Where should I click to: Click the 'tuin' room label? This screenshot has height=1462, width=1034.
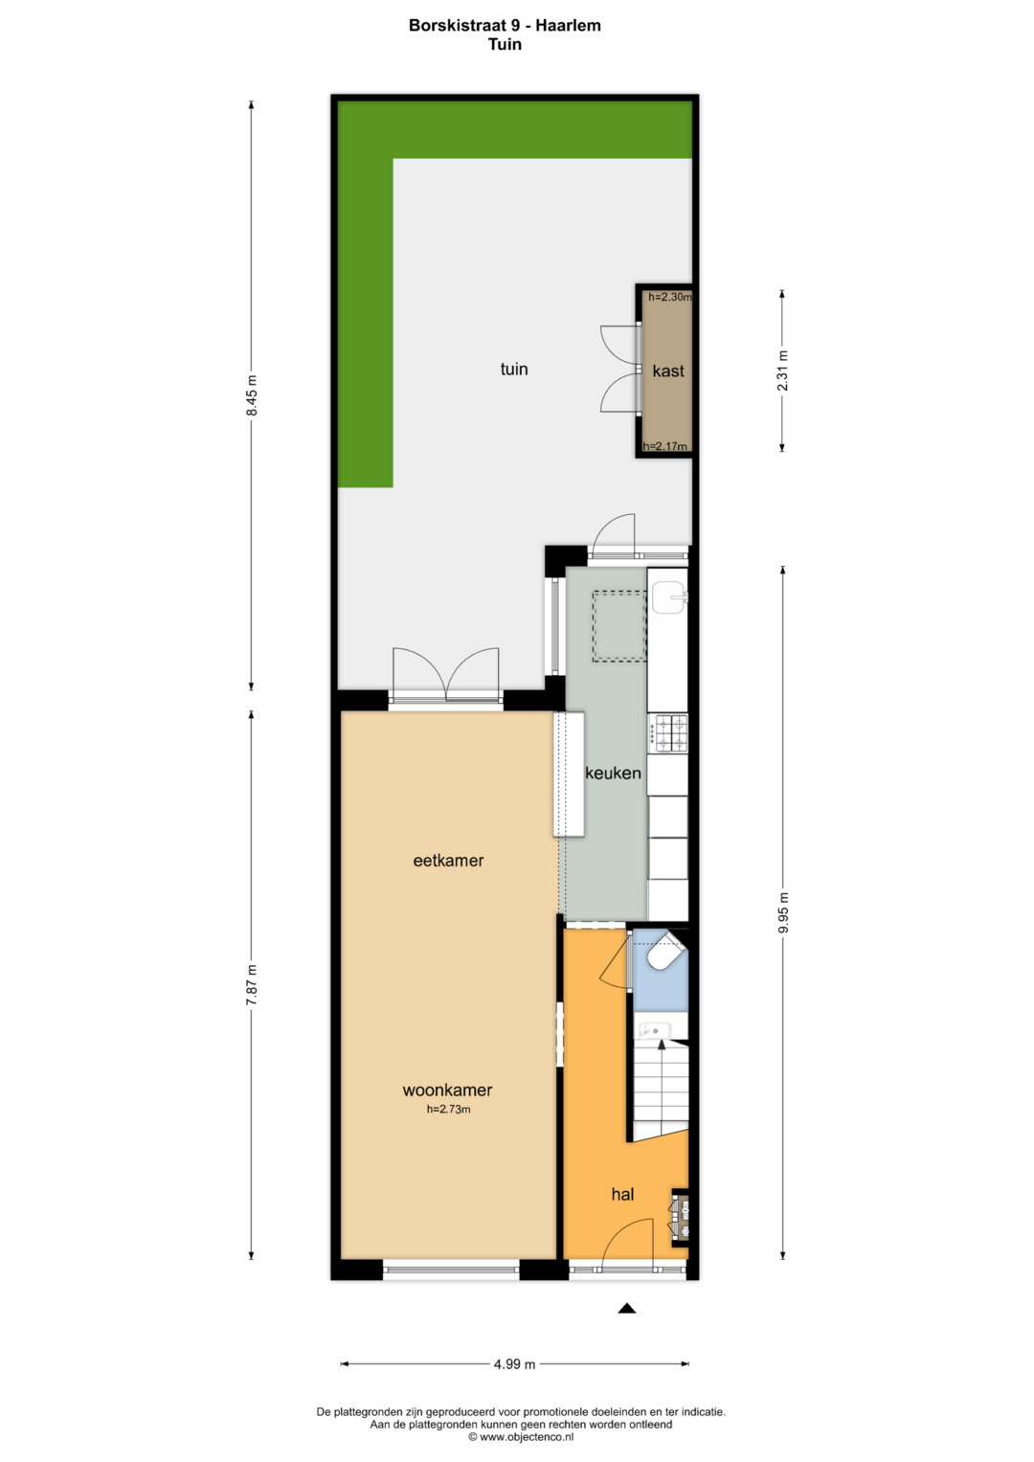click(x=514, y=370)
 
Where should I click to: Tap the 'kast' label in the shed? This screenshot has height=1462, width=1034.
click(x=668, y=371)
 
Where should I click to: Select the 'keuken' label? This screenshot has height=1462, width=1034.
click(x=613, y=774)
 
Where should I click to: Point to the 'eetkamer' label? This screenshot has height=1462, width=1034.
click(x=448, y=860)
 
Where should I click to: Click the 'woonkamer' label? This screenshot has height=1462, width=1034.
click(x=447, y=1090)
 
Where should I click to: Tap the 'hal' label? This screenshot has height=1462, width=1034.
click(x=622, y=1195)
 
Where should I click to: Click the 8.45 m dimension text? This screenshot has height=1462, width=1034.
click(x=252, y=395)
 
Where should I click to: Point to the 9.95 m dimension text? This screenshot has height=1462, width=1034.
click(x=784, y=912)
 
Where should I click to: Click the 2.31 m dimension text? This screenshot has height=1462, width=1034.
click(x=783, y=371)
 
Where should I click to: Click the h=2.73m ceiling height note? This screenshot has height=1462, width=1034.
click(x=448, y=1109)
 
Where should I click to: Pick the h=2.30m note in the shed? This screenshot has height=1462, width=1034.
click(x=670, y=297)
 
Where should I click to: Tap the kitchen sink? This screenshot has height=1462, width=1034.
click(x=670, y=597)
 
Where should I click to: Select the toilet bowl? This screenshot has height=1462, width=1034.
click(x=664, y=956)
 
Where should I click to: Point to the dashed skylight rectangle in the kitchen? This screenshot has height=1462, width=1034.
click(x=618, y=626)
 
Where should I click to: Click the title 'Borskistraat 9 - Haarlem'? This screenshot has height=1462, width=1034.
click(x=505, y=26)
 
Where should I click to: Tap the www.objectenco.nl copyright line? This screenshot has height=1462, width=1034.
click(x=520, y=1436)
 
